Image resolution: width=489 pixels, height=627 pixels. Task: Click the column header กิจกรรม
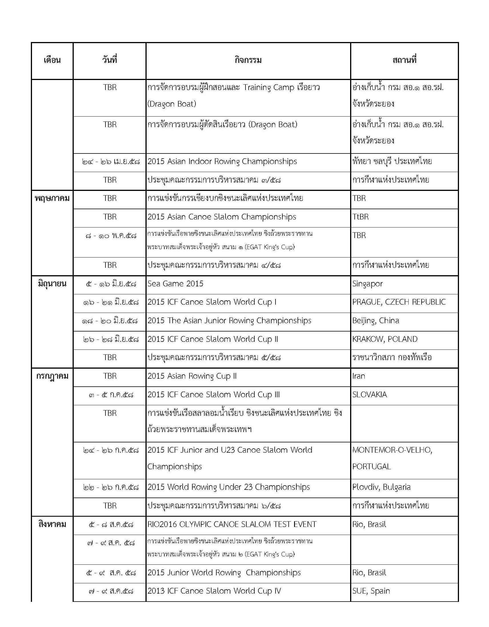[248, 60]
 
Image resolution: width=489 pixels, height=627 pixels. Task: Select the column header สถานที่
[404, 60]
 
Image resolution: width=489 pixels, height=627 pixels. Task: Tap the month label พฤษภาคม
[52, 198]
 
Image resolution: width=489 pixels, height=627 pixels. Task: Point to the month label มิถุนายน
[52, 284]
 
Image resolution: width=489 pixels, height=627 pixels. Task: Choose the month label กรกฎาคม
[52, 376]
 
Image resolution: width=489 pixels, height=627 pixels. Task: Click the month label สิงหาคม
[52, 524]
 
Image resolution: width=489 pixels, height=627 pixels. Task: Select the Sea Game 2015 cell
[175, 284]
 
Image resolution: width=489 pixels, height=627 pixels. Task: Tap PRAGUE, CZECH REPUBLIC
[399, 302]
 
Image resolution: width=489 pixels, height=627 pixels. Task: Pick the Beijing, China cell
[376, 321]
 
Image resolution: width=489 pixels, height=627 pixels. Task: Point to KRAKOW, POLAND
[385, 339]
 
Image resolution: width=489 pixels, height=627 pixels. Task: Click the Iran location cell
[359, 376]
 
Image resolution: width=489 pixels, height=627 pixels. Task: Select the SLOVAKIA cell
[370, 394]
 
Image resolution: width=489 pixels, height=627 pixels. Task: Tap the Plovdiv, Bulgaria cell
[381, 487]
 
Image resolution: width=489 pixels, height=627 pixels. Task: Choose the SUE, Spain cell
[371, 591]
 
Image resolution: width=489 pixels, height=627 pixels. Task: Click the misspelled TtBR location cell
[360, 217]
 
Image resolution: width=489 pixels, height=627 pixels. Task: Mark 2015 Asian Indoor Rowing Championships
[222, 161]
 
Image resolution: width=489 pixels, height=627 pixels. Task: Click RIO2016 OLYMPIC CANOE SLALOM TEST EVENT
[232, 524]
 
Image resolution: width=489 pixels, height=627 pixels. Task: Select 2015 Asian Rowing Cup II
[192, 376]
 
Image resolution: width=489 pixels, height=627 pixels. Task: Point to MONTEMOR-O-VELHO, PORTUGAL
[392, 458]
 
